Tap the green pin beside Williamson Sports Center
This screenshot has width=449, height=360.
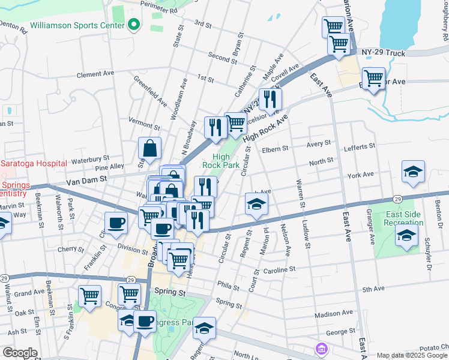[x=133, y=25]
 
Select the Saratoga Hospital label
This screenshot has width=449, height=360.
[x=33, y=163]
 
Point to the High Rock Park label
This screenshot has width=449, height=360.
[x=221, y=160]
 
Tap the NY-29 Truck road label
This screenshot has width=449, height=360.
[x=384, y=53]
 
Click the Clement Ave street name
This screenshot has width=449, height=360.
[x=95, y=75]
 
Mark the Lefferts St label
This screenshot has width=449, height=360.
[x=359, y=146]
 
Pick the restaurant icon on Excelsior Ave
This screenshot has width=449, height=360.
[x=270, y=100]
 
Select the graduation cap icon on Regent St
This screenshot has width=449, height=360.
[x=256, y=204]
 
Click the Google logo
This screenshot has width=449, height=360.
[x=20, y=353]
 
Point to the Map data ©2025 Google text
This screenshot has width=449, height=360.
[x=412, y=355]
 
